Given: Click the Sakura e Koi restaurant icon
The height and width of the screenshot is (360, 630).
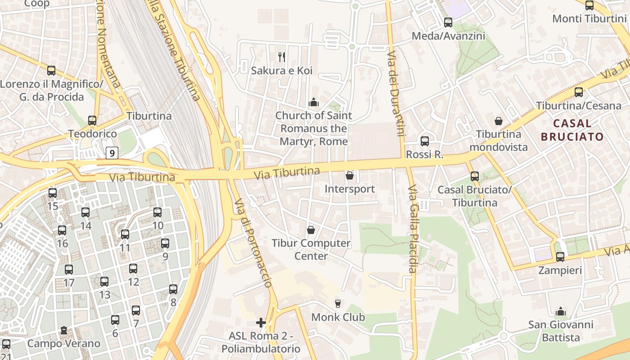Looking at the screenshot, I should click(282, 57).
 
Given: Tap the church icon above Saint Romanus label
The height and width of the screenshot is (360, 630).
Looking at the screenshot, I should click(314, 102).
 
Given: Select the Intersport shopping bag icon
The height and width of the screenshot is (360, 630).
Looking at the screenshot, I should click(350, 175).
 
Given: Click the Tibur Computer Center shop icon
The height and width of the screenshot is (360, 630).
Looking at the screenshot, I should click(310, 230).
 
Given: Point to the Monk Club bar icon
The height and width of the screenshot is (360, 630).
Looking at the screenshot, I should click(338, 303).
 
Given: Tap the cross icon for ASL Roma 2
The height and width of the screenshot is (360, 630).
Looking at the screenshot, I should click(261, 322).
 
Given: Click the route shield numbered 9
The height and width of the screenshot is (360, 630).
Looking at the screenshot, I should click(112, 153).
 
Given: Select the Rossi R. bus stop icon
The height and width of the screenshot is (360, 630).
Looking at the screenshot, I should click(424, 141).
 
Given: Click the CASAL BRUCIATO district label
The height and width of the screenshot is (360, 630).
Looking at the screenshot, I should click(572, 130).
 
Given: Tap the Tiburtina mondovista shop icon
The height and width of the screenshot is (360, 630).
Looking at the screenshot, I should click(499, 121).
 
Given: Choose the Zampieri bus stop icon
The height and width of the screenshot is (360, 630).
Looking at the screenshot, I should click(560, 256).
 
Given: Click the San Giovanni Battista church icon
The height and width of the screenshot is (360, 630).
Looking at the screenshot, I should click(561, 311).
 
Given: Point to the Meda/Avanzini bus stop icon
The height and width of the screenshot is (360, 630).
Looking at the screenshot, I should click(448, 22).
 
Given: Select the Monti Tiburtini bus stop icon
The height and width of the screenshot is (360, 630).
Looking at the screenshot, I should click(589, 5).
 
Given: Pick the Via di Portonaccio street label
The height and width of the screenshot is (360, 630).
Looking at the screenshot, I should click(253, 243).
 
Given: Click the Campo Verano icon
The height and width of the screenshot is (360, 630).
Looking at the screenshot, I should click(63, 330).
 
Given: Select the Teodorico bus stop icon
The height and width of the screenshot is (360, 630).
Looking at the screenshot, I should click(92, 120).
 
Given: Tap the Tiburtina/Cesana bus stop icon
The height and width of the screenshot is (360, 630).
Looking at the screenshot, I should click(579, 92).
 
